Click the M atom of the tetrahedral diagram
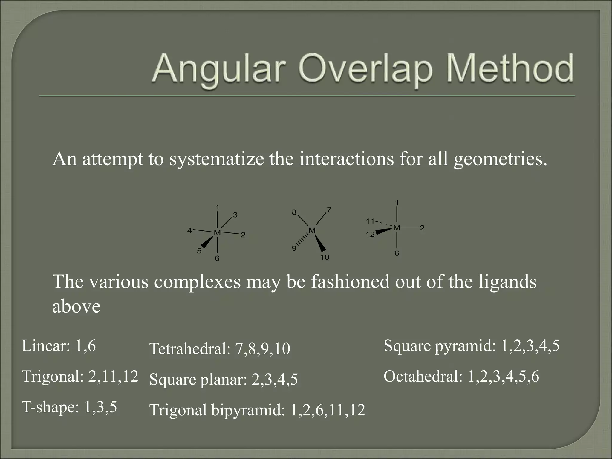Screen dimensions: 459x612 pyautogui.click(x=312, y=230)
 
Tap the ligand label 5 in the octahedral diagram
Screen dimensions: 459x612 pyautogui.click(x=199, y=251)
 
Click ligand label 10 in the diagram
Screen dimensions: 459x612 pyautogui.click(x=325, y=257)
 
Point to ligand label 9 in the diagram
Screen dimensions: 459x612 pyautogui.click(x=294, y=248)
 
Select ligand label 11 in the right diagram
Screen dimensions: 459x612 pyautogui.click(x=370, y=221)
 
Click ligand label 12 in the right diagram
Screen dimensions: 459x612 pyautogui.click(x=370, y=235)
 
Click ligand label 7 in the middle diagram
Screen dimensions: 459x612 pyautogui.click(x=329, y=209)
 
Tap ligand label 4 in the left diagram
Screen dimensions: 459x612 pyautogui.click(x=189, y=230)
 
